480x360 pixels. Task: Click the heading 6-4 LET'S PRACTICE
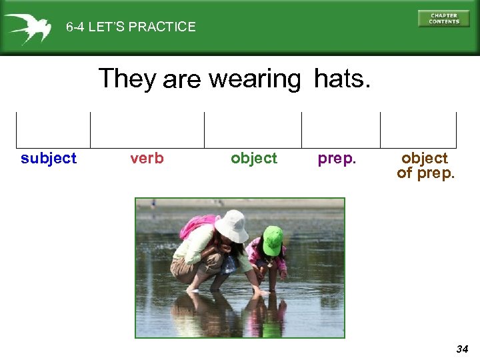pos(131,27)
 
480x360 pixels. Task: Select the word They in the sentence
pos(127,79)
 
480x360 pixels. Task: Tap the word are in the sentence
pos(181,80)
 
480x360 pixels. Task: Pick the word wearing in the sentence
pos(255,79)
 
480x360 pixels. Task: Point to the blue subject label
pos(49,158)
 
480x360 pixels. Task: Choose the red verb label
pos(147,158)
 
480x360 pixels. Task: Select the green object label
pos(253,158)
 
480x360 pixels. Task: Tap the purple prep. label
pos(337,158)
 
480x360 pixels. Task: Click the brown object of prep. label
pos(425,165)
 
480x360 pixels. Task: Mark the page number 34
pos(462,349)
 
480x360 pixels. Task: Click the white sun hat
pos(231,225)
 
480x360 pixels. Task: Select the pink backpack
pos(197,227)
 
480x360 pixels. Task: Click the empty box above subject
pos(53,129)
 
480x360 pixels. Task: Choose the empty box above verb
pos(147,129)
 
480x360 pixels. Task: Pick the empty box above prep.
pos(341,129)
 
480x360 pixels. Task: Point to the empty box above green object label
pos(253,129)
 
